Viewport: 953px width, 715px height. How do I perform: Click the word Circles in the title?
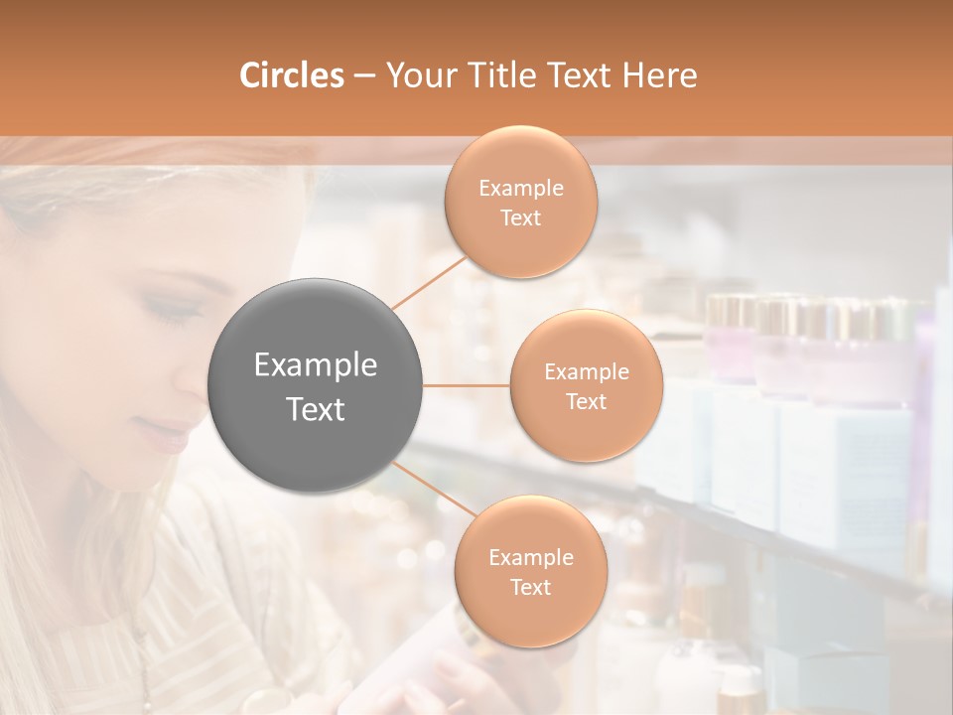[x=291, y=75]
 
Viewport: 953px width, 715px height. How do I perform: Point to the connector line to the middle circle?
[x=467, y=384]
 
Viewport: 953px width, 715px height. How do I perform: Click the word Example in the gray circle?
[x=316, y=365]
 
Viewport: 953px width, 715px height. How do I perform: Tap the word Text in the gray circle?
[x=316, y=409]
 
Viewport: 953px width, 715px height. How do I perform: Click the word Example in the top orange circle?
[x=521, y=189]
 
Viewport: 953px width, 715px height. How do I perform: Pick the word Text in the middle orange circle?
[x=586, y=401]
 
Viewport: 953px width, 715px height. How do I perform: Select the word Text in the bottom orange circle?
[x=530, y=587]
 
